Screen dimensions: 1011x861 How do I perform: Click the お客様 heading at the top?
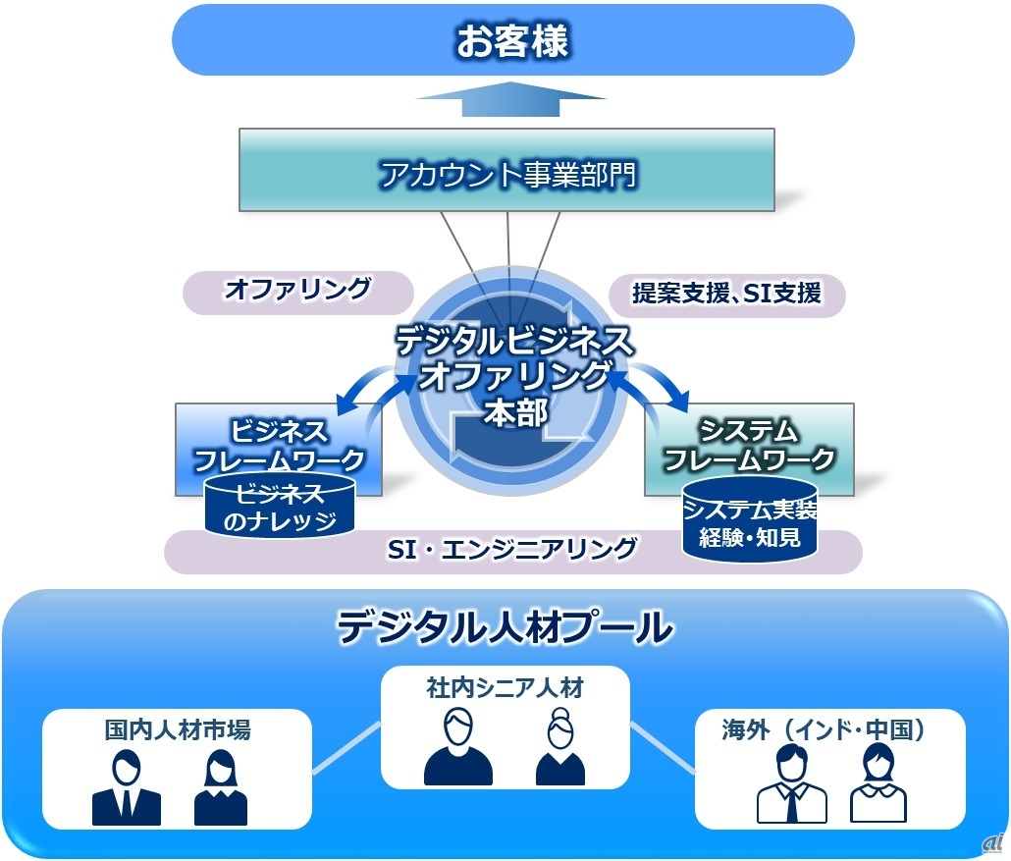[512, 40]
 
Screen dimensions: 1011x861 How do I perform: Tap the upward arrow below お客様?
[510, 99]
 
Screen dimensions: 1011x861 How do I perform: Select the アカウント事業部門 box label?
[508, 175]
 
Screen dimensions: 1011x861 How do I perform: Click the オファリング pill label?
[297, 290]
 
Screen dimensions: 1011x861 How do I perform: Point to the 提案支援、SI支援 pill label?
[726, 294]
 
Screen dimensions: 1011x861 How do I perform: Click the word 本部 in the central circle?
[516, 412]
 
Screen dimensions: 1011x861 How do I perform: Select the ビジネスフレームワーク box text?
[279, 446]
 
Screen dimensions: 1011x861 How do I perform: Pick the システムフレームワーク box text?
[749, 445]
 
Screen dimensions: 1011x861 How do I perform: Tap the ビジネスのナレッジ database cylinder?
[280, 507]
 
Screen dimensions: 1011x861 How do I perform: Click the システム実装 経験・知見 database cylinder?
[750, 519]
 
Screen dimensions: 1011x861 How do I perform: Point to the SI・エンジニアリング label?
[512, 550]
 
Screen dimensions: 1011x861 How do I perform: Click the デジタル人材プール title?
[505, 627]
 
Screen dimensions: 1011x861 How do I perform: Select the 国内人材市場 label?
[178, 730]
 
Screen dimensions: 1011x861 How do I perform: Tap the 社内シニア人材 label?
[505, 687]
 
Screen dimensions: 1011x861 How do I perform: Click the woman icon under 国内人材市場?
[221, 787]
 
